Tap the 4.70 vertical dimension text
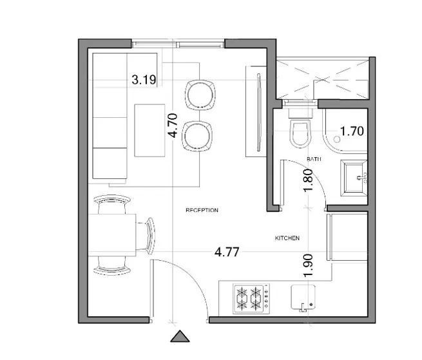172,126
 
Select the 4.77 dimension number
227,252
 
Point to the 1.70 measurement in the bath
352,131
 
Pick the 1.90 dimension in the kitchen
308,265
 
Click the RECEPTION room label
202,211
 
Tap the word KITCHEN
287,238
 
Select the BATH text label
314,159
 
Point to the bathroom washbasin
353,176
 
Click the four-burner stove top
250,298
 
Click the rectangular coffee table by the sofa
149,129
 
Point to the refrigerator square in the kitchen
347,236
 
